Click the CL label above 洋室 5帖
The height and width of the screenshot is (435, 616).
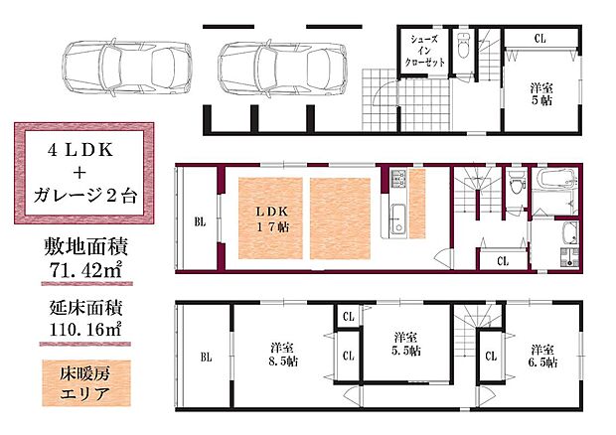tap(539, 39)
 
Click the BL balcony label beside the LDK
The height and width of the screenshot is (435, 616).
tap(200, 221)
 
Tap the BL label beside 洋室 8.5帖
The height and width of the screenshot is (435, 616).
tap(206, 357)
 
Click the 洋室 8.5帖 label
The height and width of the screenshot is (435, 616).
tap(282, 355)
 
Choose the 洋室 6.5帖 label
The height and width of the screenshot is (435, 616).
tap(541, 356)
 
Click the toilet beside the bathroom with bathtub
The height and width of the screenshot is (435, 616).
tap(515, 186)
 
